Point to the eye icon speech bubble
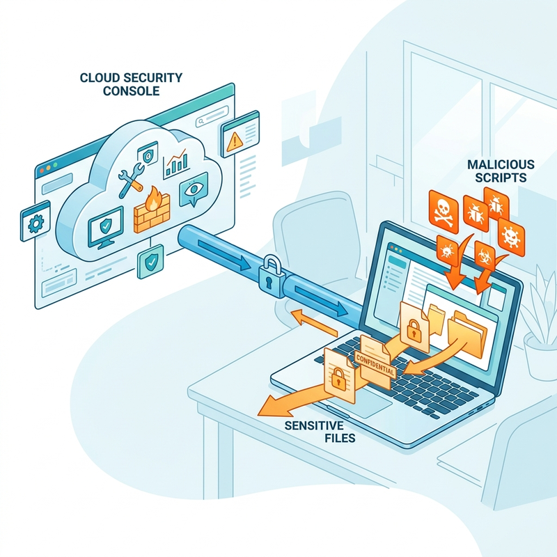[194, 189]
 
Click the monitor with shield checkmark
[106, 228]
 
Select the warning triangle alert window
[240, 134]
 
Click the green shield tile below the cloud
[150, 262]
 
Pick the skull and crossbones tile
[444, 212]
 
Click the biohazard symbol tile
[485, 255]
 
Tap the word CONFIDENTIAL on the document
[375, 364]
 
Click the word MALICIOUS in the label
[501, 164]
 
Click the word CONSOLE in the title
[131, 91]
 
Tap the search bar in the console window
[212, 116]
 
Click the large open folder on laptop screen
[467, 334]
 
